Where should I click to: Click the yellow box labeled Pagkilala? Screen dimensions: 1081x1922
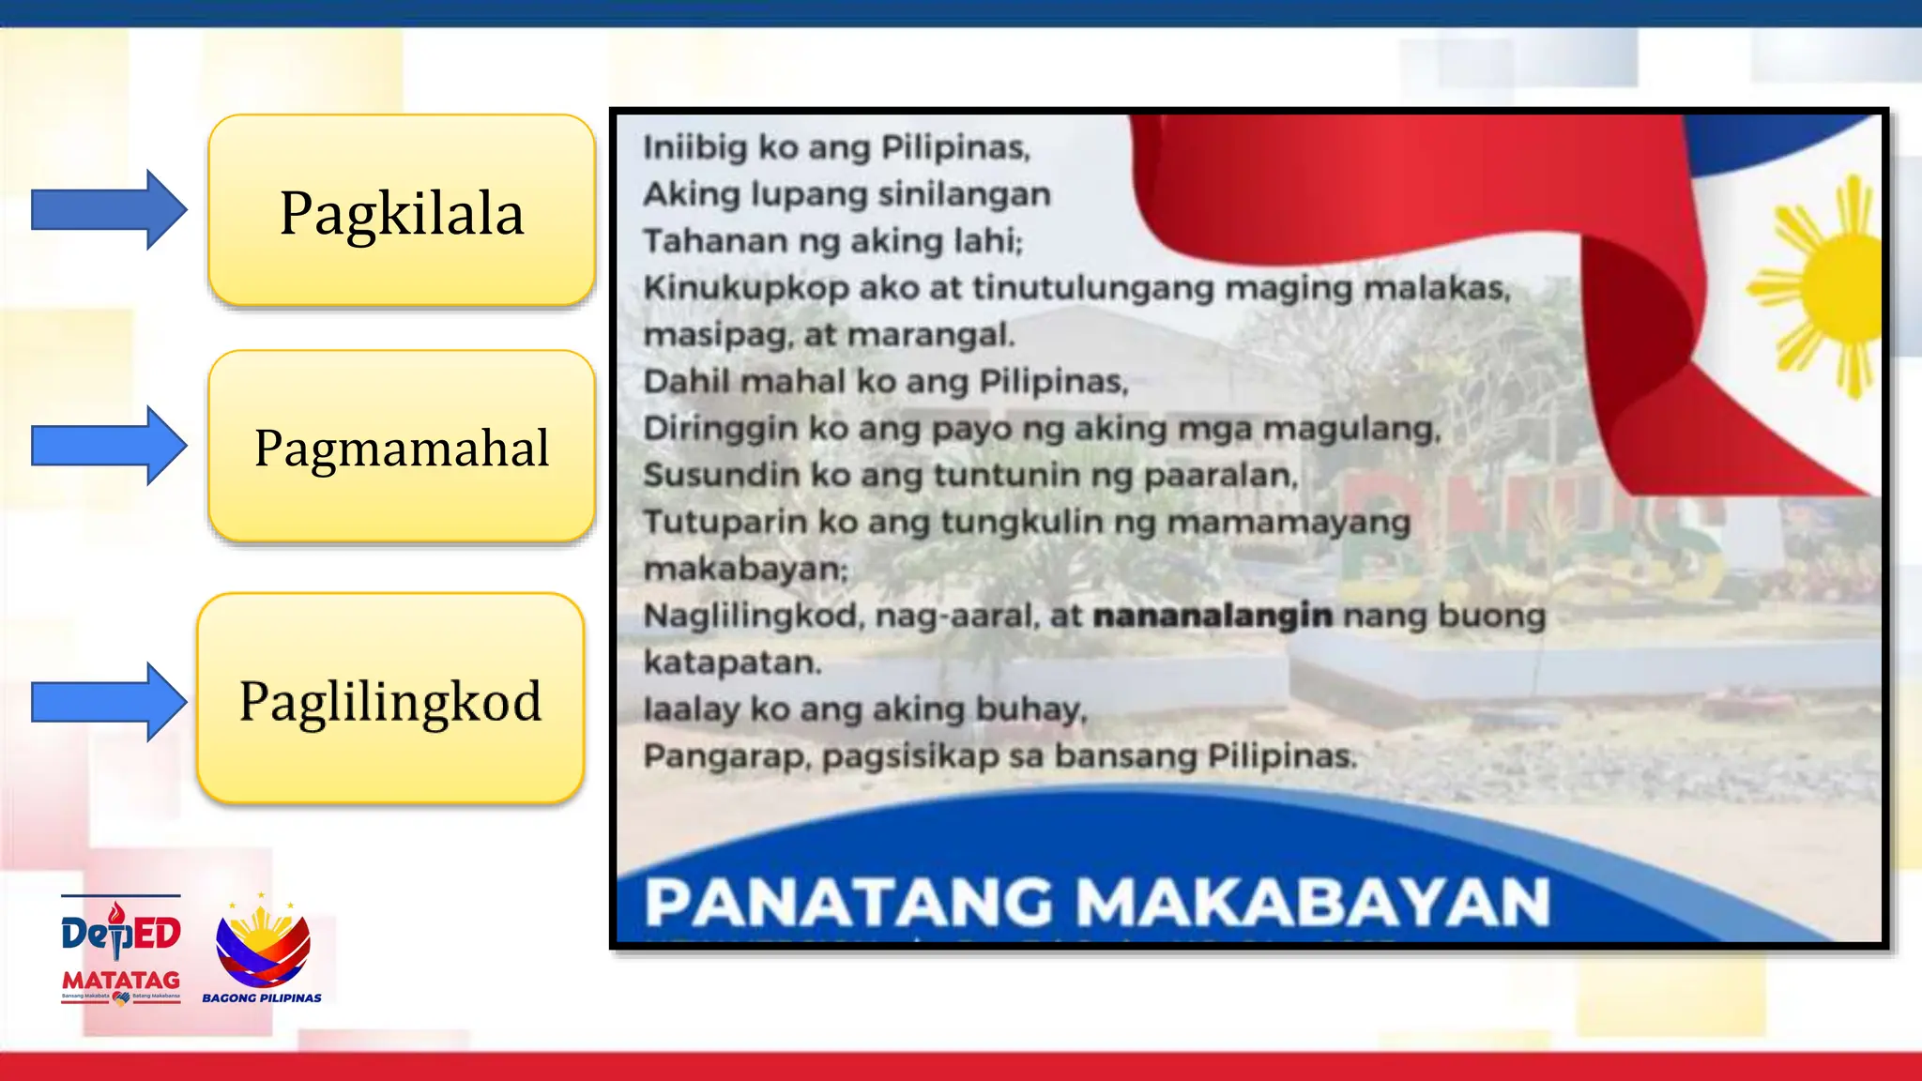[402, 211]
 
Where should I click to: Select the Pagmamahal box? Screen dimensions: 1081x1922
[402, 447]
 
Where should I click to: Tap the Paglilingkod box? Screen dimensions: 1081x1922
[390, 699]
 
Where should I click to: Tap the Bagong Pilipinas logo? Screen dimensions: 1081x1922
[262, 948]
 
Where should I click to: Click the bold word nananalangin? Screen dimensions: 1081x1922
[1213, 616]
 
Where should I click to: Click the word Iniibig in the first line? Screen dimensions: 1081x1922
[694, 147]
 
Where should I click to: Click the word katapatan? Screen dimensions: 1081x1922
[731, 662]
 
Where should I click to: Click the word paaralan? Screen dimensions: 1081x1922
[1220, 476]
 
